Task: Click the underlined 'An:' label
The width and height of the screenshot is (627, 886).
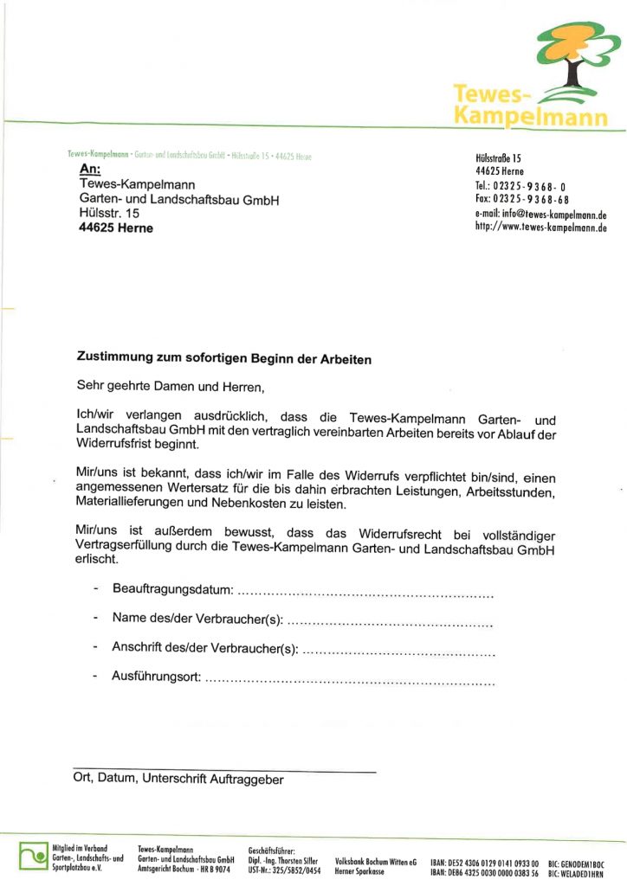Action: point(89,169)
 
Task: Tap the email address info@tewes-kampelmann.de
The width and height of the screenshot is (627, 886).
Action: point(540,215)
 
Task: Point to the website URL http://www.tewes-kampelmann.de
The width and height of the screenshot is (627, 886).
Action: point(540,228)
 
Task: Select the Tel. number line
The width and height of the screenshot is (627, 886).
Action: point(520,186)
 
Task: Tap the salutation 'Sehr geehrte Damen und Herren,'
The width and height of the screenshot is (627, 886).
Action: point(169,385)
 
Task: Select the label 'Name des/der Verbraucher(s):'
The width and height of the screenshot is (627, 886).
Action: point(197,619)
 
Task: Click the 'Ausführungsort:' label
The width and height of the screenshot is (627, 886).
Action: point(156,675)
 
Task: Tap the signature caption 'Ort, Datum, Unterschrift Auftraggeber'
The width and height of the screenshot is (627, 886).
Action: point(178,779)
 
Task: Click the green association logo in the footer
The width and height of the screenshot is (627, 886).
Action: point(33,856)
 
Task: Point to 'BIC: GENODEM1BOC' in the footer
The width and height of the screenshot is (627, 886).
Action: point(576,864)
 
